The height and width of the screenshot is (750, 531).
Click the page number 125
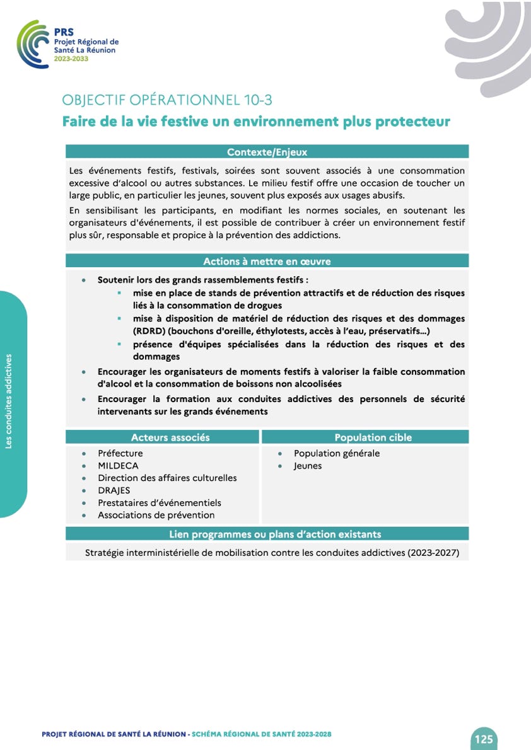[484, 739]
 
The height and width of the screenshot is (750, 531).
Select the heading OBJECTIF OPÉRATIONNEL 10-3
[167, 100]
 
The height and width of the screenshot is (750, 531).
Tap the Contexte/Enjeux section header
[267, 152]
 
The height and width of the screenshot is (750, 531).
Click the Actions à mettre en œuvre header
[267, 261]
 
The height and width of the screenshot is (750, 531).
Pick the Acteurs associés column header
[170, 437]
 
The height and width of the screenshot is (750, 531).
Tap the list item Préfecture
[120, 453]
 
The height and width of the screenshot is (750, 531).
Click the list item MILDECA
[118, 466]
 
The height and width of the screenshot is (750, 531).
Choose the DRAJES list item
[114, 490]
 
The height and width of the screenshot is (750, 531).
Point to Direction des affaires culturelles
[167, 478]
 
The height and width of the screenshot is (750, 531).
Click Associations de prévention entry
[156, 516]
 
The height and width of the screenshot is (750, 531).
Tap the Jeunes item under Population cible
[308, 466]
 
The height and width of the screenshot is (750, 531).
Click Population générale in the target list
[337, 453]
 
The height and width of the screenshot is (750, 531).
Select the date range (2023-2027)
[433, 553]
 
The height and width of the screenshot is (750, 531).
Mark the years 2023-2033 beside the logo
[71, 59]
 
